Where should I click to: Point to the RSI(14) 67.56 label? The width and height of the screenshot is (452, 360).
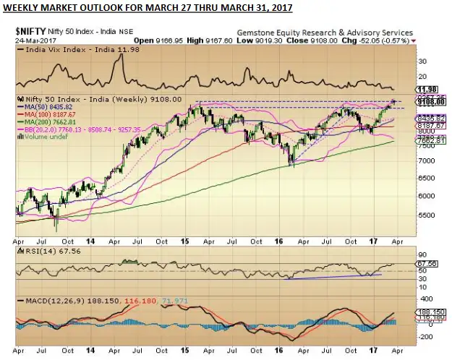(x=43, y=252)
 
